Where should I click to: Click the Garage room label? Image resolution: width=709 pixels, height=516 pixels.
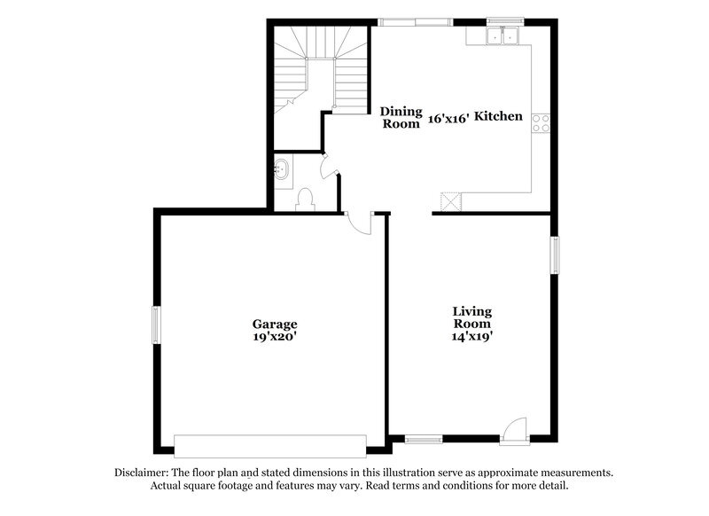[274, 324]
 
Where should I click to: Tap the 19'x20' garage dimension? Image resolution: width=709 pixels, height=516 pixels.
[274, 337]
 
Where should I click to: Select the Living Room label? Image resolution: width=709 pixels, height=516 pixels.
[472, 317]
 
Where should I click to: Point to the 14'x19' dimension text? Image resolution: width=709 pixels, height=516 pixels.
[472, 337]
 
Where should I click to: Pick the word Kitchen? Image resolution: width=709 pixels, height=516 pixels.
[498, 117]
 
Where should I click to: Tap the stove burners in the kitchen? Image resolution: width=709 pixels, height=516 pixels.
[541, 124]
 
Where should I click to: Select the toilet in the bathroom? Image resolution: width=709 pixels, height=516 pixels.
[304, 198]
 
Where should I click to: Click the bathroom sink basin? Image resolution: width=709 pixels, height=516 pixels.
[284, 168]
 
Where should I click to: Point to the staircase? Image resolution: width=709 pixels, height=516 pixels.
[321, 71]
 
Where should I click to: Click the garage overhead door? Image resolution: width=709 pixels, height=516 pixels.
[270, 445]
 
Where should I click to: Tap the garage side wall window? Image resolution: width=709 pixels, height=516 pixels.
[155, 324]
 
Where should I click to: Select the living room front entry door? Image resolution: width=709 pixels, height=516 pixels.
[513, 431]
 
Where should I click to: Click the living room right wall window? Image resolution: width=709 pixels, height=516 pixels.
[555, 254]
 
